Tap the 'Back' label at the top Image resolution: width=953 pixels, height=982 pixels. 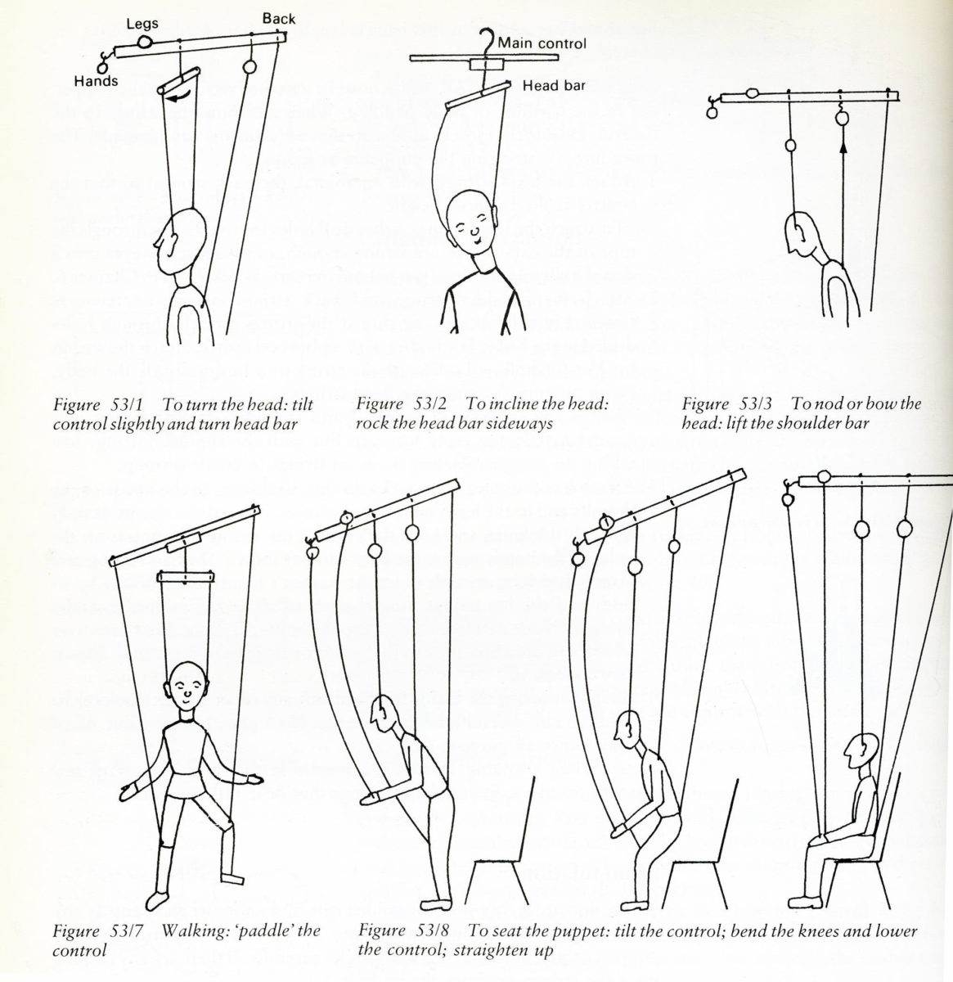[278, 18]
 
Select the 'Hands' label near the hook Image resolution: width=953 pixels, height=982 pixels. [96, 80]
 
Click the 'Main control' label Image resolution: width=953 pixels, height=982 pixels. [542, 43]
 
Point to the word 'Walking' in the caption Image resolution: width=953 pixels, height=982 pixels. [191, 930]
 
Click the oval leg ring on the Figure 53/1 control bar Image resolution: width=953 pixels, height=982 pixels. [145, 42]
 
